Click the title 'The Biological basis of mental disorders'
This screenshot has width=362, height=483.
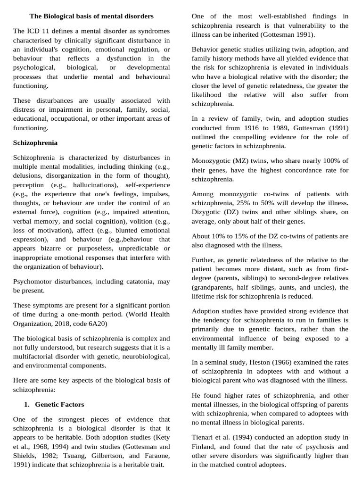pyautogui.click(x=91, y=16)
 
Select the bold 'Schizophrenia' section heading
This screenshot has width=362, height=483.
pyautogui.click(x=35, y=142)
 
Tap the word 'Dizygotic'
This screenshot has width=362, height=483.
pyautogui.click(x=206, y=212)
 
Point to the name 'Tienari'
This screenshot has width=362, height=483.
pyautogui.click(x=203, y=437)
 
